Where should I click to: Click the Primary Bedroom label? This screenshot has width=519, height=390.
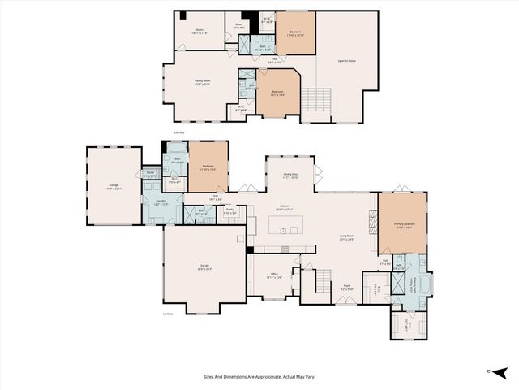[x=403, y=225]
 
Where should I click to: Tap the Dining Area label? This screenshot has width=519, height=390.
[x=290, y=175]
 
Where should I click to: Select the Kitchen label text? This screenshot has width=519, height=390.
[x=285, y=207]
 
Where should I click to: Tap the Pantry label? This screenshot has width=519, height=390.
[x=229, y=210]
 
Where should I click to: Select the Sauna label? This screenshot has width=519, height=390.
[x=150, y=174]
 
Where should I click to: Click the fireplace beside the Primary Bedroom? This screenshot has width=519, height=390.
[x=373, y=222]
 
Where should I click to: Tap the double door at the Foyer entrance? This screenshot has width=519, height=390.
[x=346, y=303]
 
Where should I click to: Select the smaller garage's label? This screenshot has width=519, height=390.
[x=114, y=186]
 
